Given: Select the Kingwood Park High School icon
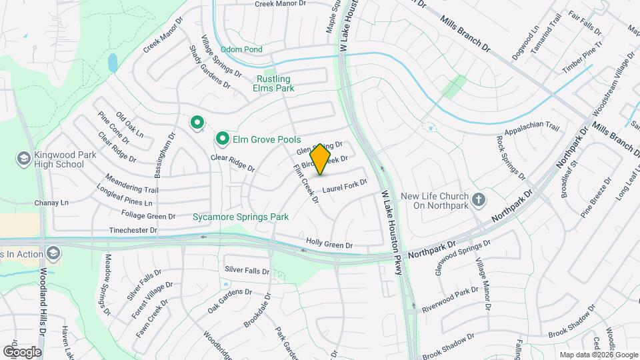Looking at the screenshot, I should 24,158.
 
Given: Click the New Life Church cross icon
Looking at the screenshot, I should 478,199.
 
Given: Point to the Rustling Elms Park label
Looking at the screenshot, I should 283,83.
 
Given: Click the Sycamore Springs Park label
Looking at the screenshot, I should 240,217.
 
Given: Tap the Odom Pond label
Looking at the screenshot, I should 241,49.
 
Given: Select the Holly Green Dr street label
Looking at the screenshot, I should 329,245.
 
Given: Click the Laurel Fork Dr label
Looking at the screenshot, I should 345,185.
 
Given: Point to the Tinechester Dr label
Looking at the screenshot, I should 133,230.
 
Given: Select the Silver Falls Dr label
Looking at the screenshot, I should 247,270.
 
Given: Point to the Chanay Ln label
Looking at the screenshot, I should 55,203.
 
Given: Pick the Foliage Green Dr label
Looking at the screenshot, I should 148,215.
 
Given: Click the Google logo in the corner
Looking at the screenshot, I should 22,351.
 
